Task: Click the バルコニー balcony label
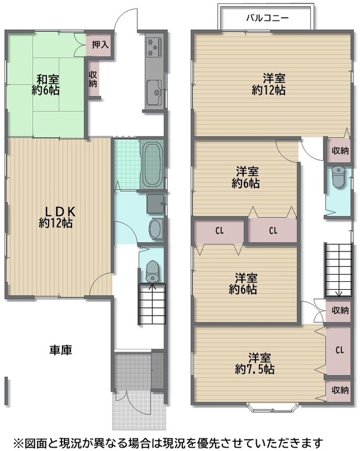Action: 267,19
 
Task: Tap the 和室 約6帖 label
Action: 46,85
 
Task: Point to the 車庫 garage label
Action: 60,350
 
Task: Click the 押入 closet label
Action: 100,45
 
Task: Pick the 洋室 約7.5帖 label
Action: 254,364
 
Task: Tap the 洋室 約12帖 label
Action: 269,84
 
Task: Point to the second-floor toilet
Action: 338,178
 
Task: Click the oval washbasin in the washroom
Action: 156,229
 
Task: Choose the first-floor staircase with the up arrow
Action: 152,304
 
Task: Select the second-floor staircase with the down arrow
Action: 339,270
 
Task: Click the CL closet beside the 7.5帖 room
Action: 339,350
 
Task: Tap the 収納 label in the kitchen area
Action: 93,79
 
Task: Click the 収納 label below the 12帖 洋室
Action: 340,151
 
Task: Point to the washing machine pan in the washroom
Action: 156,204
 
